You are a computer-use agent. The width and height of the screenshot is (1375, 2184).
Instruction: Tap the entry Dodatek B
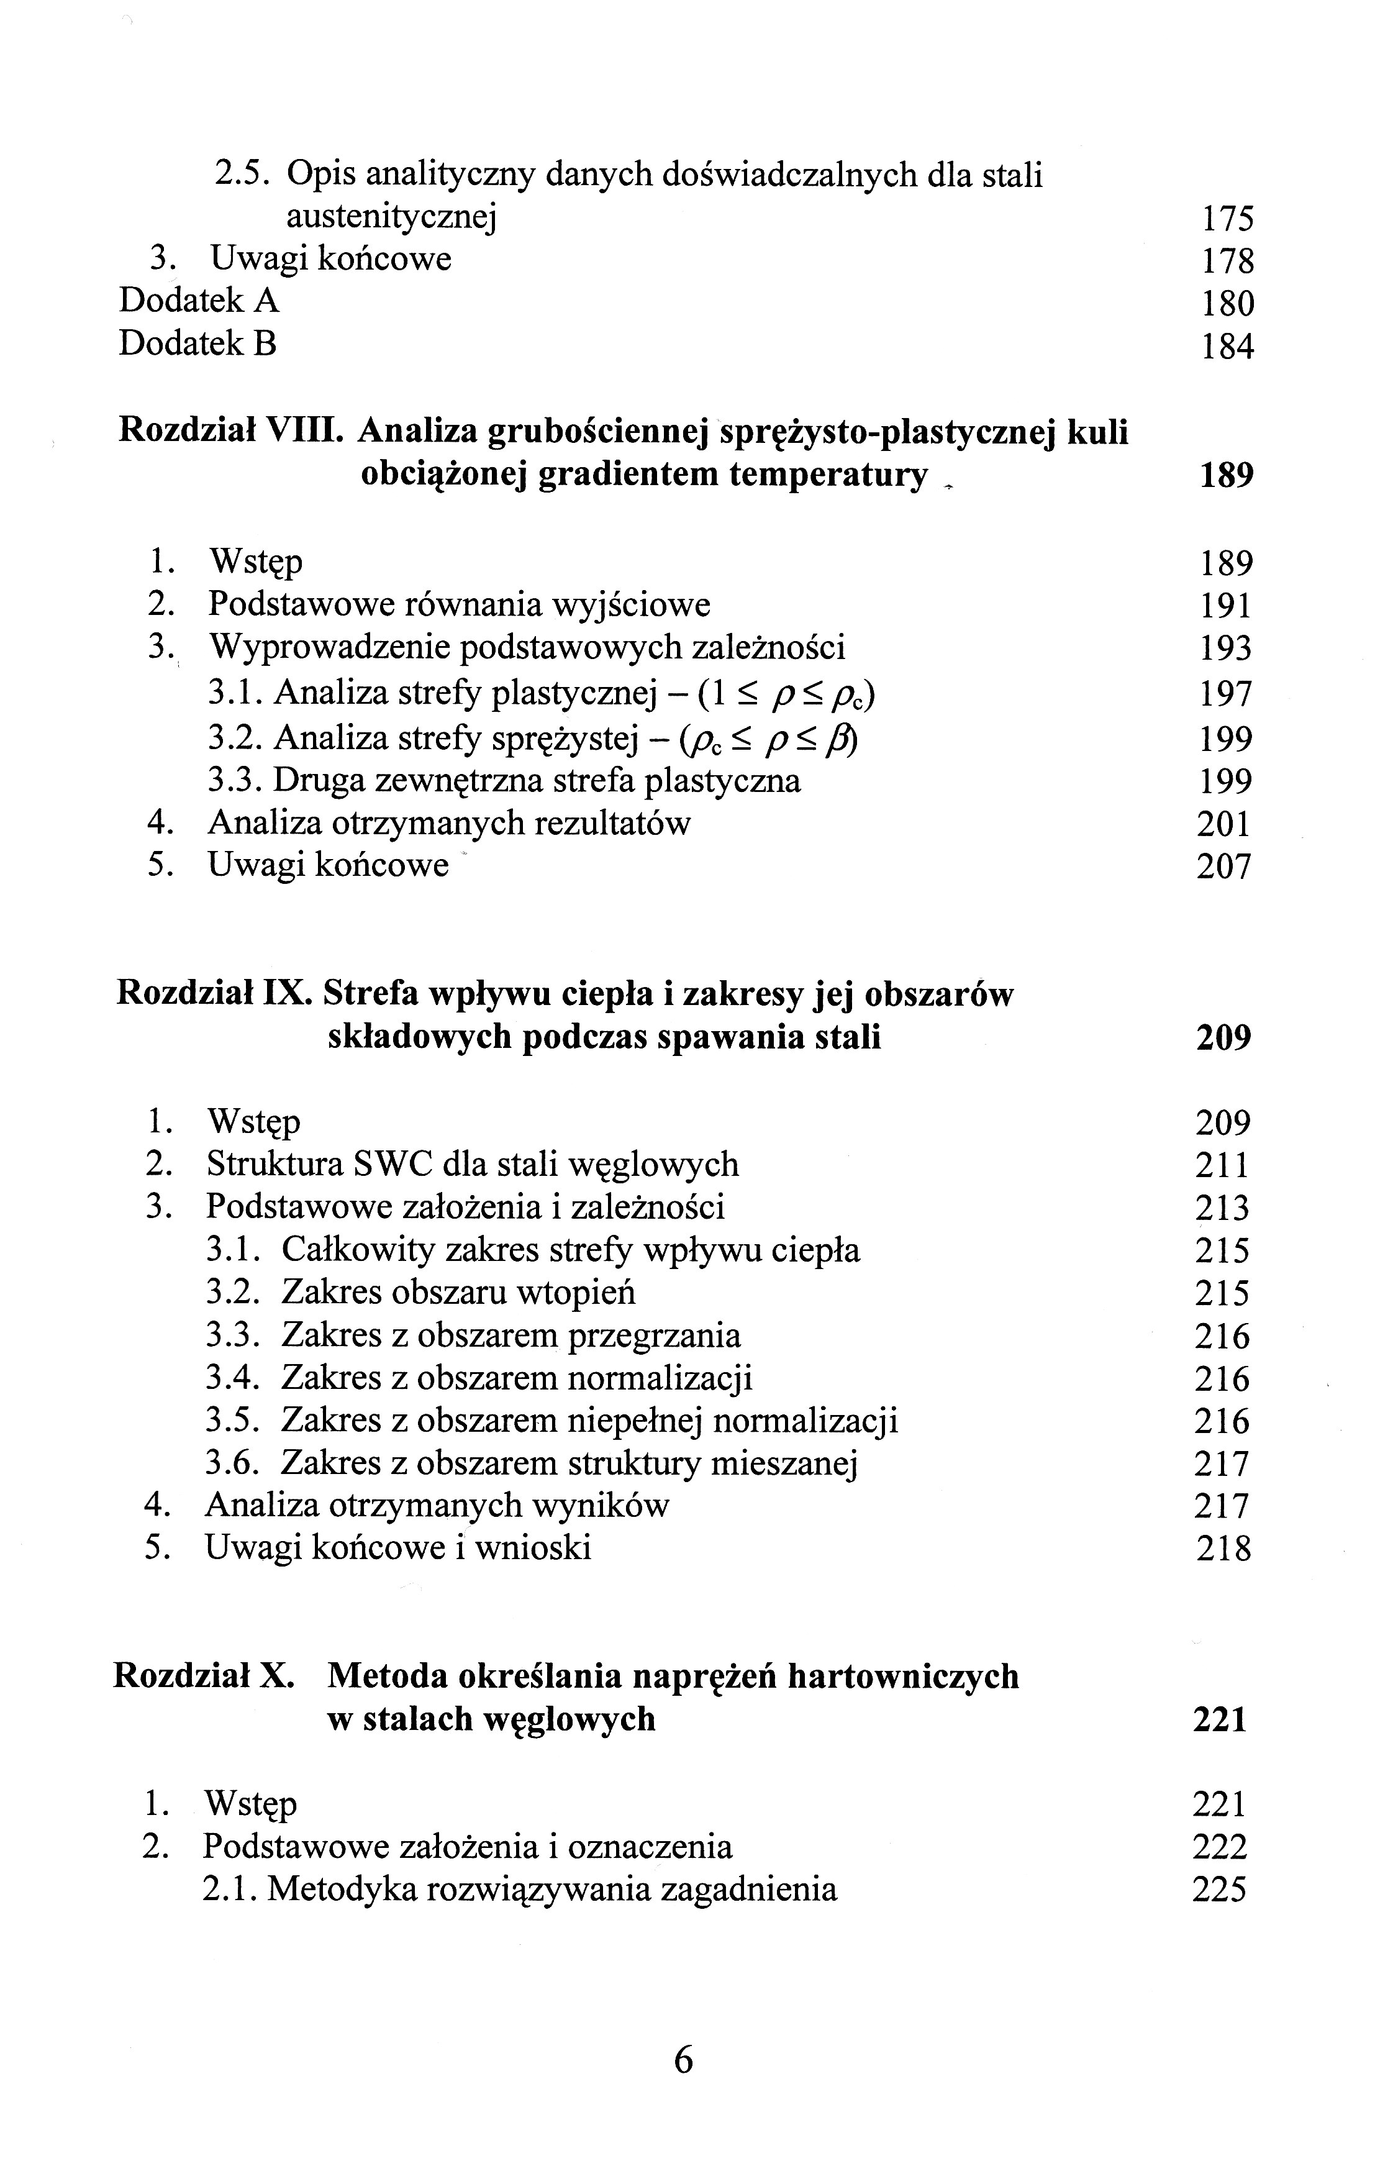[x=197, y=344]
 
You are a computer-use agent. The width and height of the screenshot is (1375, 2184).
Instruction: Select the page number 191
[x=1225, y=606]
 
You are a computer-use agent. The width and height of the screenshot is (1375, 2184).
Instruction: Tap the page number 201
[x=1223, y=824]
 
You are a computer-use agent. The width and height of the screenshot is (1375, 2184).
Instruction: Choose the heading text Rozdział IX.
[x=214, y=995]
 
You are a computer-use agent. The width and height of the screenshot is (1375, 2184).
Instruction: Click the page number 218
[x=1223, y=1548]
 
